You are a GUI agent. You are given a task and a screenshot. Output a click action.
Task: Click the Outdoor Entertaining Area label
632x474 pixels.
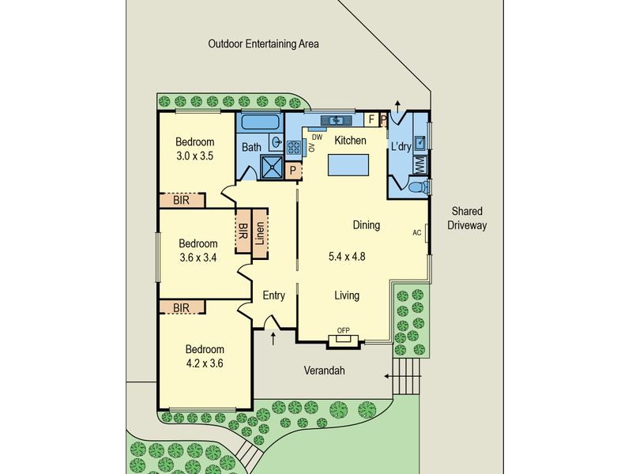(x=263, y=43)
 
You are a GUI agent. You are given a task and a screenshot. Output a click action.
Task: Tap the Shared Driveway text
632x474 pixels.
(x=467, y=218)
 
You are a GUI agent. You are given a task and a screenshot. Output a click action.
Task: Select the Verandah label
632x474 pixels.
(x=324, y=371)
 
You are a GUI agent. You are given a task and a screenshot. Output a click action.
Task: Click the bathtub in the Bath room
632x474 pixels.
(x=260, y=122)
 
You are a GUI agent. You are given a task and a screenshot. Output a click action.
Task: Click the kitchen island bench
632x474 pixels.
(x=348, y=165)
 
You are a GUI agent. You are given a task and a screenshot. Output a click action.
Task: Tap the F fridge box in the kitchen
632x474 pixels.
(x=371, y=120)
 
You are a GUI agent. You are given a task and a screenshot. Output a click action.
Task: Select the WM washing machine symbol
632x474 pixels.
(x=420, y=165)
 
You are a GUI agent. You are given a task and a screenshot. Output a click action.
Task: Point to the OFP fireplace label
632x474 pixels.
(x=343, y=330)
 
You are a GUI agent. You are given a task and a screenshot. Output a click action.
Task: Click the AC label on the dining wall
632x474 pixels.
(x=417, y=232)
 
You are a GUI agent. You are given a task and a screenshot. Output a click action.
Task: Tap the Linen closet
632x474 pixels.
(x=260, y=233)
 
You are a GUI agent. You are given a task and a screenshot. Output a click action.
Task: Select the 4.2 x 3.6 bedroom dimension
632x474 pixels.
(x=205, y=363)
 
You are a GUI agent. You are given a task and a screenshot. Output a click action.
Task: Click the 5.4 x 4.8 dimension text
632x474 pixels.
(x=347, y=256)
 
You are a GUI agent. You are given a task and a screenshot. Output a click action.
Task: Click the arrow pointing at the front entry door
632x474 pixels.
(x=273, y=339)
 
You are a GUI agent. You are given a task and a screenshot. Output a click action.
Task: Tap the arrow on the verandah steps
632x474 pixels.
(x=402, y=377)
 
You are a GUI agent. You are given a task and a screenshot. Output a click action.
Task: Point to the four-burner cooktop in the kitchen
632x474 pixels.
(x=293, y=148)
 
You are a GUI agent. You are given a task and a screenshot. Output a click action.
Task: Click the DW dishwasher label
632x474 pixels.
(x=318, y=137)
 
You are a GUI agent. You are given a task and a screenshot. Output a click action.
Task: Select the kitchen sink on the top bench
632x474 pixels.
(x=337, y=120)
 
